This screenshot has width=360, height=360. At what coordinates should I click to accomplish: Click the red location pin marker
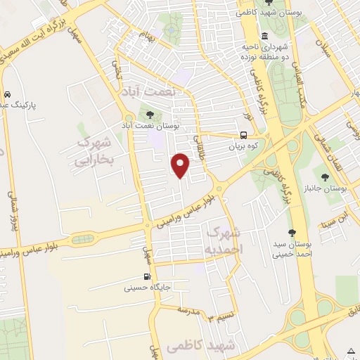pyautogui.click(x=181, y=165)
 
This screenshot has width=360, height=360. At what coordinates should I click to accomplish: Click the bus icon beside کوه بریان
pyautogui.click(x=243, y=136)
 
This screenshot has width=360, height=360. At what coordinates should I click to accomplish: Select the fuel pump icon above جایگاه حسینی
pyautogui.click(x=147, y=276)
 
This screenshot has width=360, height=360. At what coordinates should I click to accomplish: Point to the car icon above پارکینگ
pyautogui.click(x=6, y=94)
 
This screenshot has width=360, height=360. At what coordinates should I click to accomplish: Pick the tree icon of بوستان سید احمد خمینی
pyautogui.click(x=292, y=233)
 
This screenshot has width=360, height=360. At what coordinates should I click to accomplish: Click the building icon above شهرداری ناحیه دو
pyautogui.click(x=264, y=37)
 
